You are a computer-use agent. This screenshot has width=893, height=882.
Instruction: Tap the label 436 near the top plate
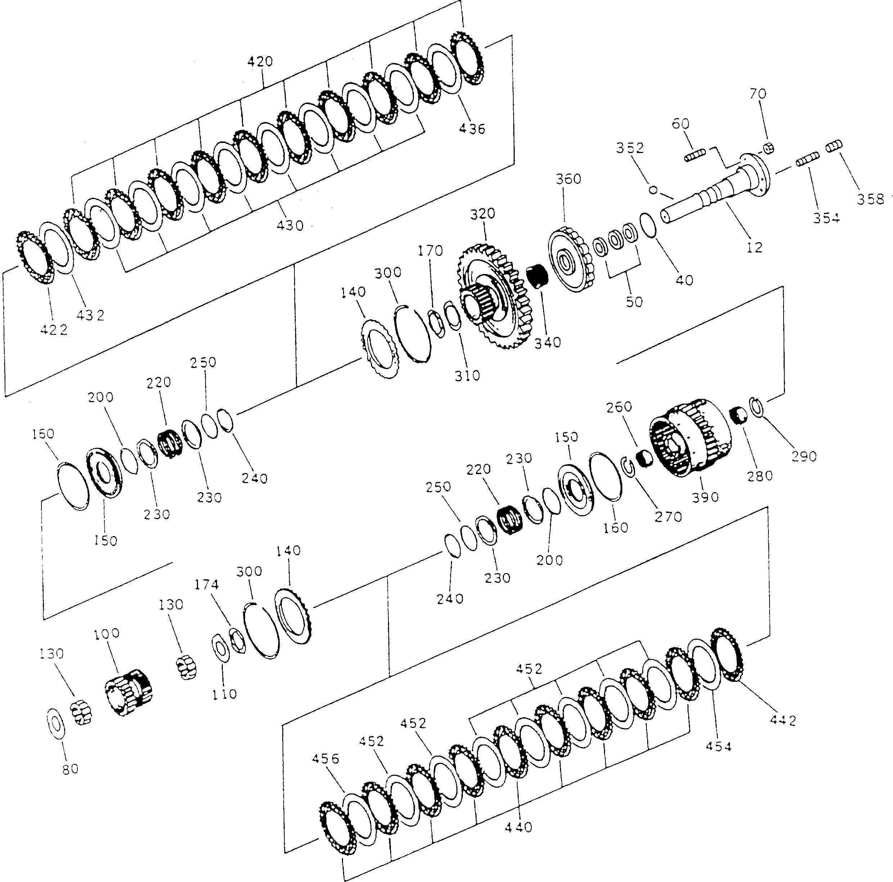(x=472, y=129)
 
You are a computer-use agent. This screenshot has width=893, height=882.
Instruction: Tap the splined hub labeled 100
(x=128, y=692)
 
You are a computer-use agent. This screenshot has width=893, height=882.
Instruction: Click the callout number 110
(x=224, y=694)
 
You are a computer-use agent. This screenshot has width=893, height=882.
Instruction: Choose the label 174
(x=206, y=585)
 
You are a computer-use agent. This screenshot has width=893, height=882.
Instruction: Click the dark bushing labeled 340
(x=537, y=276)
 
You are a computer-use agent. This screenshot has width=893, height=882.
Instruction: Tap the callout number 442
(x=783, y=720)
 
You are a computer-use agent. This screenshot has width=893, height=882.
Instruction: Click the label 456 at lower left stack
(x=325, y=759)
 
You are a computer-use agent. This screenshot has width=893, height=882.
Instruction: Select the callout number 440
(x=518, y=827)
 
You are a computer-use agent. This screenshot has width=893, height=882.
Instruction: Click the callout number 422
(x=54, y=330)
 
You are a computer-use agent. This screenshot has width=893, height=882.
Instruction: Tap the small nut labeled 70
(x=768, y=148)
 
